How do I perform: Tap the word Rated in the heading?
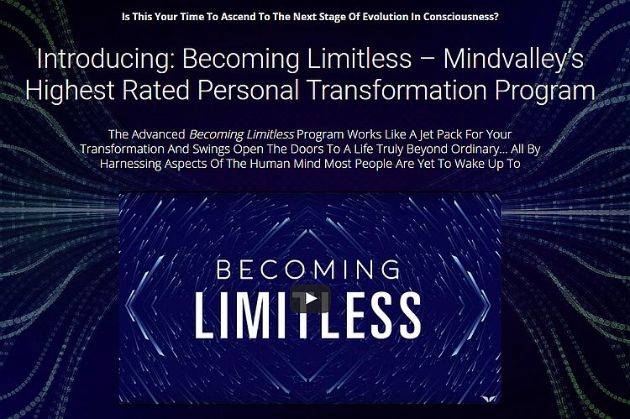point(171,90)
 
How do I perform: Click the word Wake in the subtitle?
point(468,163)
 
